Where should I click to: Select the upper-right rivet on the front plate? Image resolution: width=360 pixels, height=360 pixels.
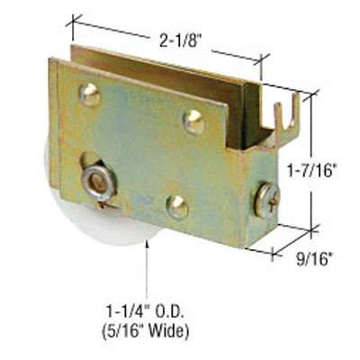point(194,121)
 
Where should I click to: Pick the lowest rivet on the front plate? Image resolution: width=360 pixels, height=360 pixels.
point(177,207)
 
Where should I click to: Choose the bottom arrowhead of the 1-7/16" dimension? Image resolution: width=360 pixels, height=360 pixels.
point(312,229)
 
